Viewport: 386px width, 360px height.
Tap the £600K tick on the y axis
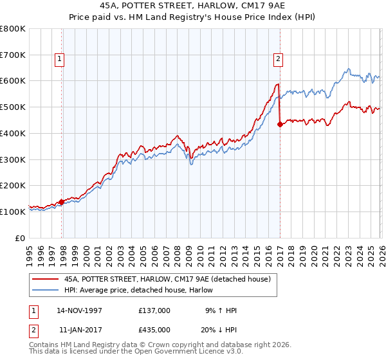[x=13, y=81]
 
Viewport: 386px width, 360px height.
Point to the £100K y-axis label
[x=13, y=212]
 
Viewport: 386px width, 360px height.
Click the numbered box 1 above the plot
[x=59, y=60]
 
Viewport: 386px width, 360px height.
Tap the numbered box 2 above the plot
[x=278, y=60]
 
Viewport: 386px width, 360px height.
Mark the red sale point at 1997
[x=62, y=202]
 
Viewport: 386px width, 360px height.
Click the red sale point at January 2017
[x=280, y=125]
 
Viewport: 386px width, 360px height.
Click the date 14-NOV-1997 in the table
[x=79, y=310]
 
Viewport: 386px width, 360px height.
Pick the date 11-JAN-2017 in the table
[x=79, y=329]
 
